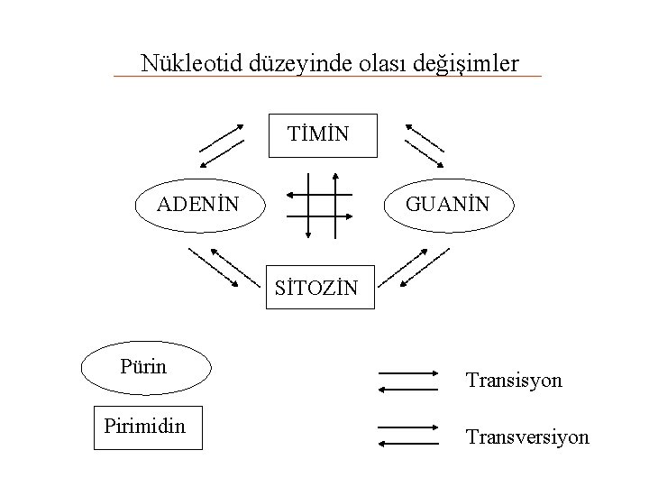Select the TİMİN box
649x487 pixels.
[x=324, y=135]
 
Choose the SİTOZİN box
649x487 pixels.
[x=323, y=286]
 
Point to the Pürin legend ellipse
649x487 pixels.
[x=145, y=367]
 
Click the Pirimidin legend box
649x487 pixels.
[x=147, y=426]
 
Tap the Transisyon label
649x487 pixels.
[x=514, y=381]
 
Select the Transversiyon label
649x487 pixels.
[x=527, y=437]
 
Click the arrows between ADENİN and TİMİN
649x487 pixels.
[x=222, y=143]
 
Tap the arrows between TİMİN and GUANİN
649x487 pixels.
[x=424, y=143]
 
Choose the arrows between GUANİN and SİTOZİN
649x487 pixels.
[x=424, y=266]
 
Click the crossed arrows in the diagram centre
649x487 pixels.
[x=319, y=203]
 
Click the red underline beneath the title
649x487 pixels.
[x=327, y=76]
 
